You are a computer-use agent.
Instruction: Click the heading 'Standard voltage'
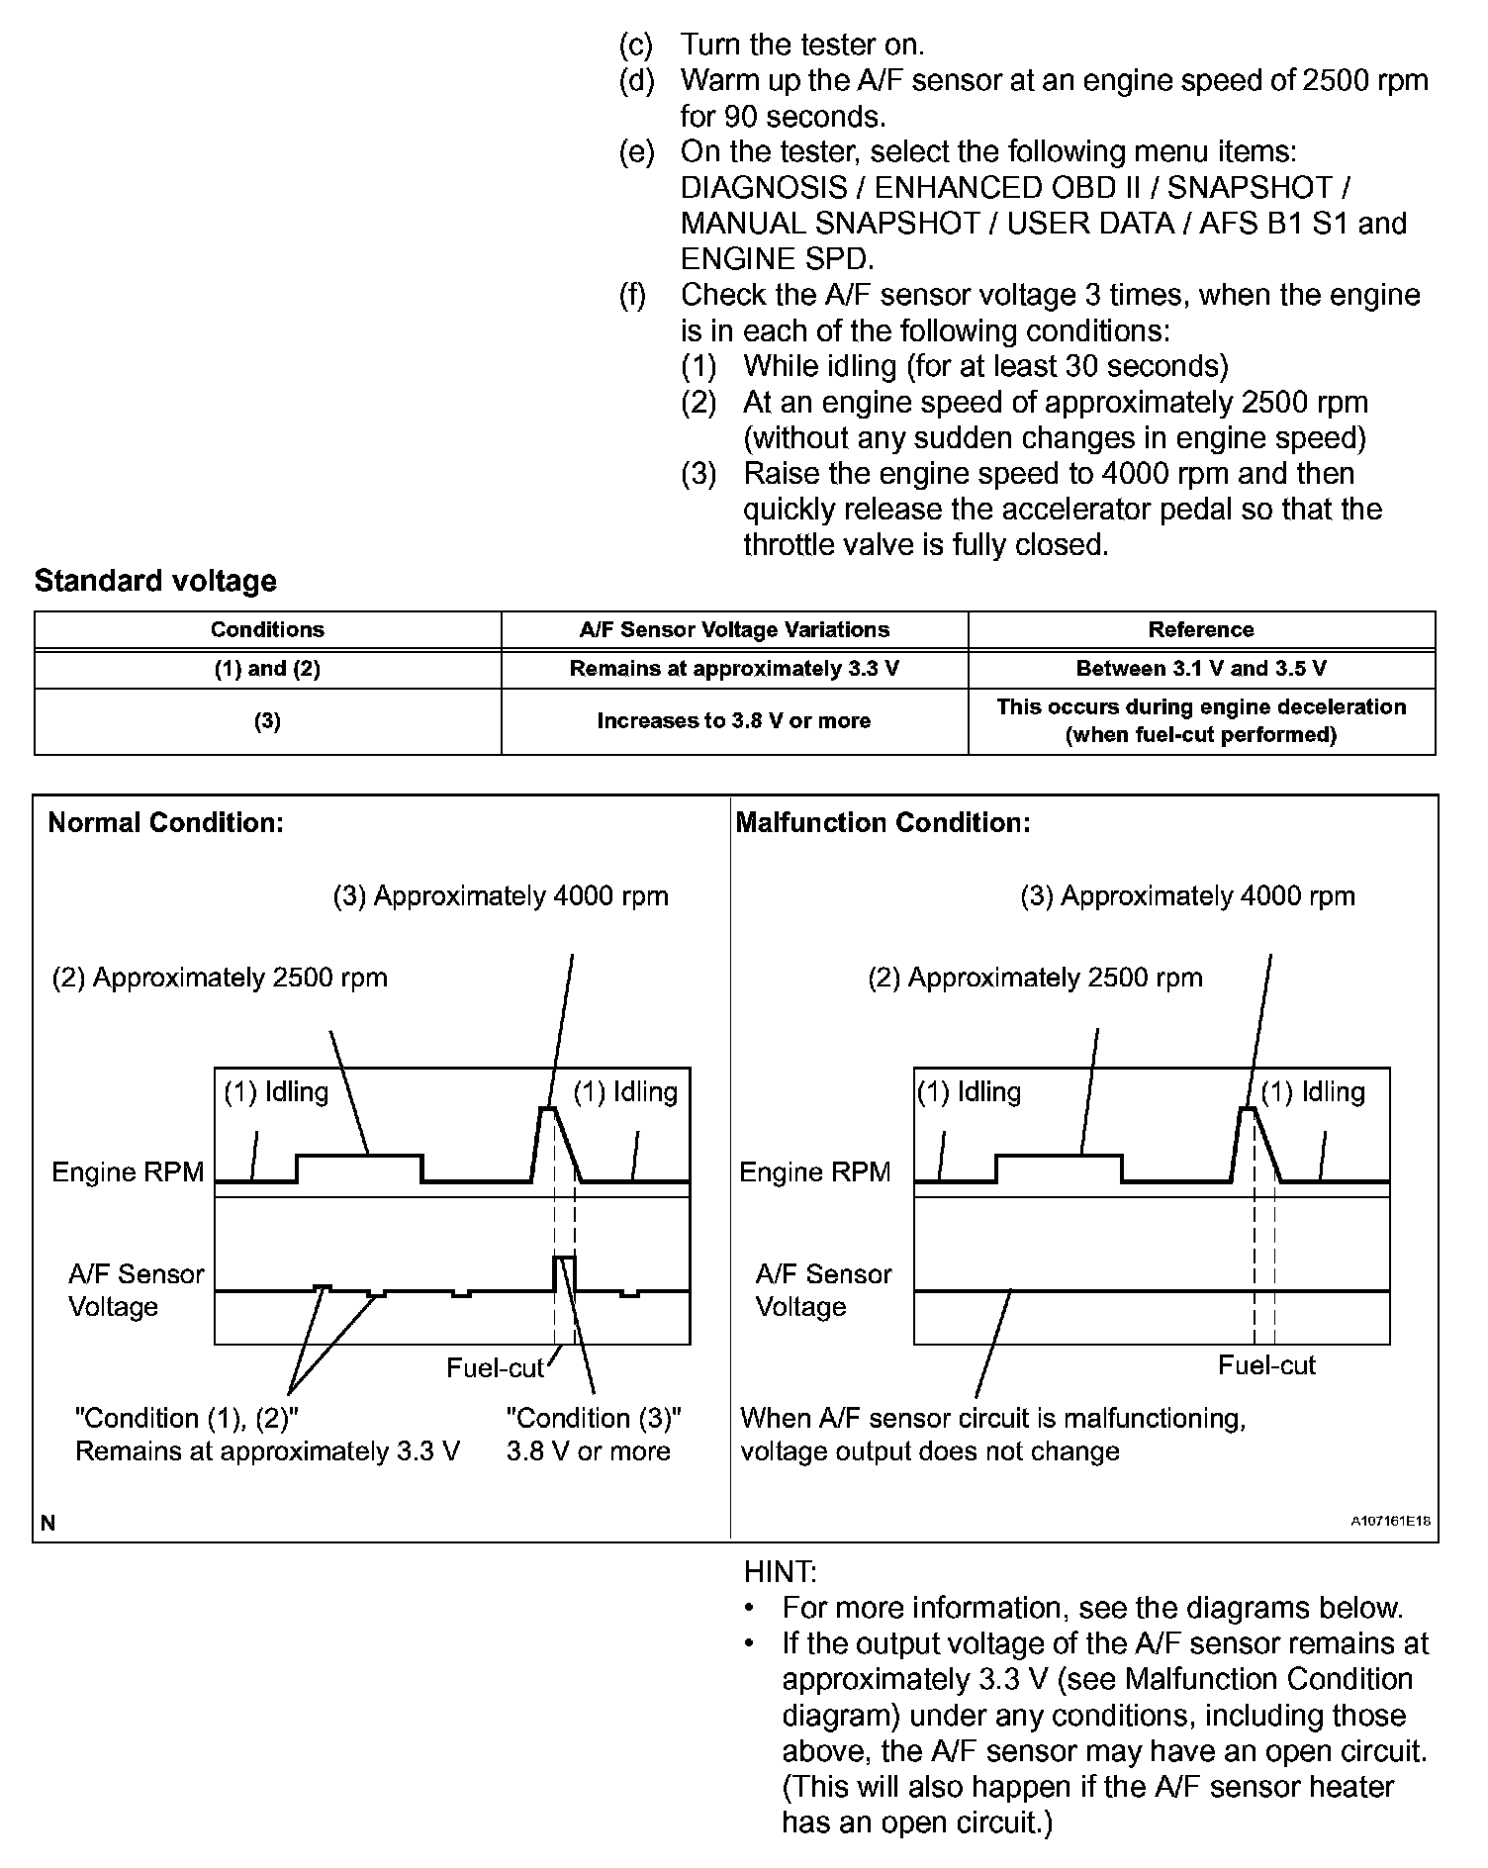[x=155, y=581]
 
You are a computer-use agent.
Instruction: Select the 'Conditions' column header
[x=267, y=630]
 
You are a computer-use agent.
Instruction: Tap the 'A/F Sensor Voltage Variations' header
[x=734, y=630]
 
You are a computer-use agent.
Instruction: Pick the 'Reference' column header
[x=1201, y=630]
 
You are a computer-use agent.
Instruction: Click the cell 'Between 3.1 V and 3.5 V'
[x=1201, y=669]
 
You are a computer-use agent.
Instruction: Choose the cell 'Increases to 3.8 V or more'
[x=734, y=721]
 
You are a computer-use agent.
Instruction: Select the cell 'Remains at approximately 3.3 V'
[x=734, y=669]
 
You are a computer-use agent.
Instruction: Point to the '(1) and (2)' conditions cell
[x=267, y=669]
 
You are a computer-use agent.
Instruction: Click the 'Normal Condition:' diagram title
[x=166, y=823]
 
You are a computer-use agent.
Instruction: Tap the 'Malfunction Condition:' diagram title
[x=883, y=823]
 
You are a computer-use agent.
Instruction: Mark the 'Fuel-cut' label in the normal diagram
[x=495, y=1368]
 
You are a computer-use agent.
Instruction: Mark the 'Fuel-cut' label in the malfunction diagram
[x=1266, y=1366]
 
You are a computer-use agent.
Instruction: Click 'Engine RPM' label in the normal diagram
[x=128, y=1172]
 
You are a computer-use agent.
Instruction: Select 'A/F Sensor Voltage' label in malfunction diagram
[x=823, y=1290]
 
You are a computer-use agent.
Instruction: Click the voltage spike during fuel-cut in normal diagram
[x=564, y=1258]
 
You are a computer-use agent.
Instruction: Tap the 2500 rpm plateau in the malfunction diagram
[x=1059, y=1155]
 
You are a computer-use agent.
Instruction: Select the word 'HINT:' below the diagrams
[x=780, y=1571]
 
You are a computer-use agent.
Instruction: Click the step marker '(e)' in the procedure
[x=637, y=152]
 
